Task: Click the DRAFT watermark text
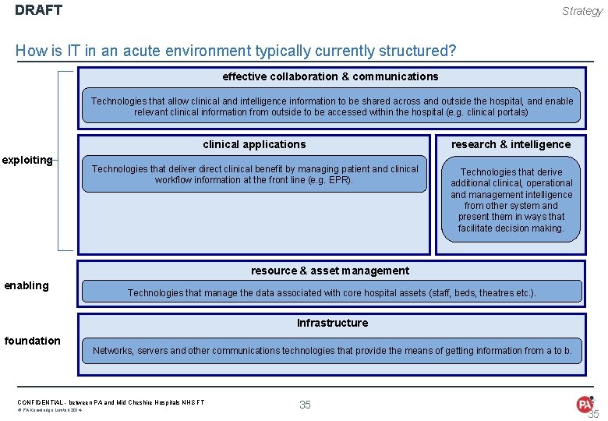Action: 38,11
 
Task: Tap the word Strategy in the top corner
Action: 582,11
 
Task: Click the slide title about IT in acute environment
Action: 235,51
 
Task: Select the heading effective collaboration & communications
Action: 331,76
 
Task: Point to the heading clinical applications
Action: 254,144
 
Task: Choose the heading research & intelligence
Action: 511,144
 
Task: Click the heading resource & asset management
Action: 330,271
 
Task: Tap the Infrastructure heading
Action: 332,323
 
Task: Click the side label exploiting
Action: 27,160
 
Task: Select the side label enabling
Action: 27,285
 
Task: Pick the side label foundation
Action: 32,341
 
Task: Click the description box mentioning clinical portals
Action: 331,107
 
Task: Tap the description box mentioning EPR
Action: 255,175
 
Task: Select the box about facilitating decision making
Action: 511,200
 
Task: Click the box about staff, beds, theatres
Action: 332,292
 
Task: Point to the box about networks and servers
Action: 332,351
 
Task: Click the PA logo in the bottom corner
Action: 585,404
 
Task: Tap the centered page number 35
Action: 305,404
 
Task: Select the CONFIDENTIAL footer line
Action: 111,402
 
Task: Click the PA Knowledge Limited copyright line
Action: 50,410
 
